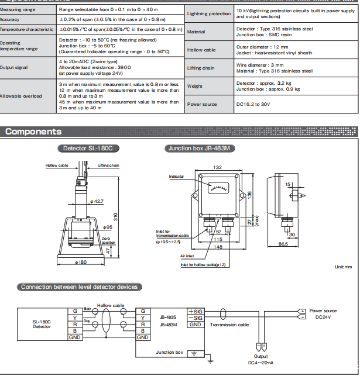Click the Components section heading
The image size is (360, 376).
point(34,132)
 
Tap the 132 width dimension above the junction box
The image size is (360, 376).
point(217,168)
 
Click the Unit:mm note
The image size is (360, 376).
point(343,267)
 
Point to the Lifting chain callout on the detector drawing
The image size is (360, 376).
point(108,165)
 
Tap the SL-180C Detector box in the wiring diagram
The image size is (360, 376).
point(41,324)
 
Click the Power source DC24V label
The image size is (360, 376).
point(323,314)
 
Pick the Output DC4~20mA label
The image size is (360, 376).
point(261,360)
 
